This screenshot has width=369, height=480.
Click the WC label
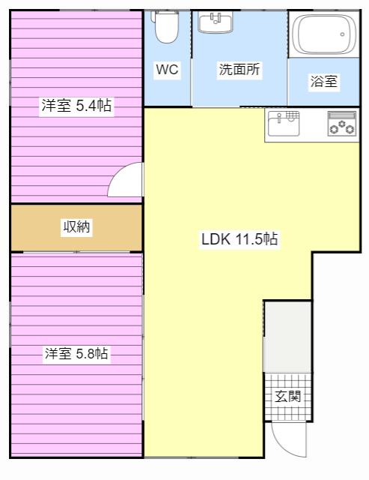[x=167, y=70]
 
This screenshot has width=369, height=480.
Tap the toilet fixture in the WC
[x=166, y=27]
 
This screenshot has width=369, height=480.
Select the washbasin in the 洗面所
[x=216, y=22]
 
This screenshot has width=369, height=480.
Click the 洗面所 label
[x=240, y=70]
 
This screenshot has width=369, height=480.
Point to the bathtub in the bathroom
[x=324, y=34]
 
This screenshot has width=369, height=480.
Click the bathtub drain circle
[x=342, y=34]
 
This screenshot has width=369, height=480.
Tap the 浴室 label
[x=324, y=82]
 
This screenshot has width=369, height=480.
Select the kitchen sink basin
[x=284, y=123]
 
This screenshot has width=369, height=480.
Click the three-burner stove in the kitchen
[x=342, y=124]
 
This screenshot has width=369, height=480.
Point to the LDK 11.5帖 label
[x=240, y=238]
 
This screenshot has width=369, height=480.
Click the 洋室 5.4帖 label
[x=76, y=105]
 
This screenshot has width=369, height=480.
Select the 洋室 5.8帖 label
[x=76, y=353]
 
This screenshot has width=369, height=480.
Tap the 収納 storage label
[x=76, y=226]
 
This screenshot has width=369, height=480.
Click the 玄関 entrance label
[x=287, y=397]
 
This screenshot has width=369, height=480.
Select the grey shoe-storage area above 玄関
[x=287, y=337]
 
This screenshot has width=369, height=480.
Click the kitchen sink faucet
[x=279, y=117]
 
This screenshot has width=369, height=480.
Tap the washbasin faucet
[x=216, y=19]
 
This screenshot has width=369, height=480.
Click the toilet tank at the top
[x=166, y=15]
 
